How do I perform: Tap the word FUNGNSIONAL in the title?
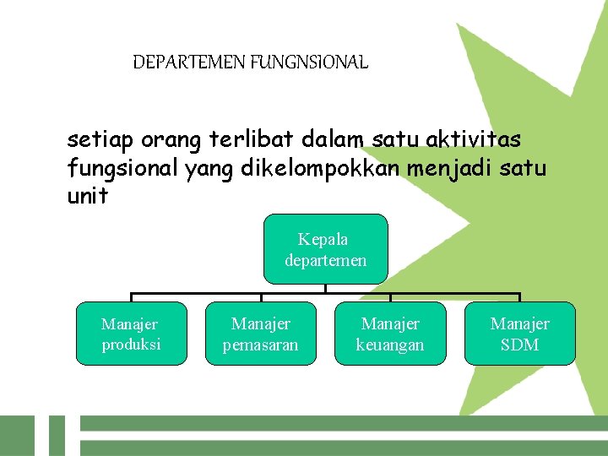click(x=309, y=62)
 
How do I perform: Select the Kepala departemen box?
click(x=325, y=249)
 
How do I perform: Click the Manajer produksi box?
click(x=131, y=334)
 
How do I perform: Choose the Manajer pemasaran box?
click(x=261, y=334)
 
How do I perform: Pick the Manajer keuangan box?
click(x=390, y=334)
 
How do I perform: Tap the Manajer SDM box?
click(x=520, y=334)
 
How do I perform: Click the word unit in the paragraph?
click(x=87, y=196)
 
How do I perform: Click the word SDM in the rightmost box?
click(x=520, y=345)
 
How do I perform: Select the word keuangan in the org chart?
click(x=390, y=345)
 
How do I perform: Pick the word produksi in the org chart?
click(x=131, y=345)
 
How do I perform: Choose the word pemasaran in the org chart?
click(x=261, y=345)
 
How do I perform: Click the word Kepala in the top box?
click(x=323, y=240)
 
